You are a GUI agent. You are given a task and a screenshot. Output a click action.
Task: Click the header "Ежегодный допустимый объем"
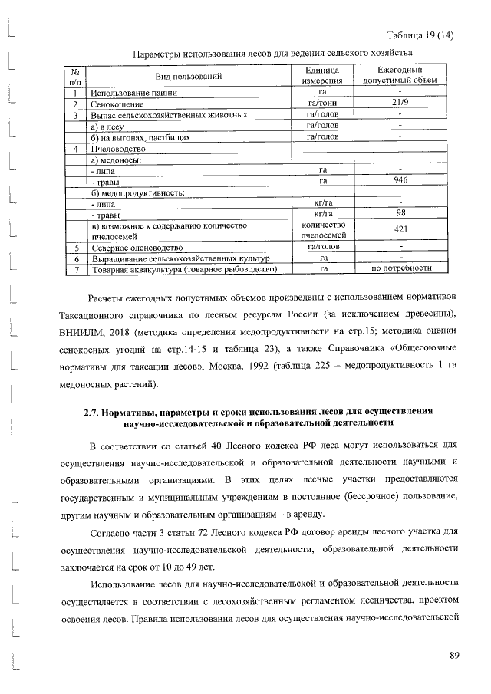[x=400, y=75]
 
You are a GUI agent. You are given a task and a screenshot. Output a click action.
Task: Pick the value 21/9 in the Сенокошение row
[x=400, y=104]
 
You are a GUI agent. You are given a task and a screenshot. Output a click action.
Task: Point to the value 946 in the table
[x=400, y=181]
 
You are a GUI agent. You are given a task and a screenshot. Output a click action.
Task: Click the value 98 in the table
[x=400, y=214]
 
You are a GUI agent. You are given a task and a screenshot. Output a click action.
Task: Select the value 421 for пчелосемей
[x=400, y=231]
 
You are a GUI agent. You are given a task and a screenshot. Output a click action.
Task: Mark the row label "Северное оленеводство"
[x=137, y=248]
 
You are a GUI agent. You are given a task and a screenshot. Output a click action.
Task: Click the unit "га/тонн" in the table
[x=324, y=104]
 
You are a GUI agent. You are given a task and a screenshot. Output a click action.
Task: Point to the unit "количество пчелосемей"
[x=325, y=231]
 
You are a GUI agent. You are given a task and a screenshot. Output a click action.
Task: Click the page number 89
[x=454, y=654]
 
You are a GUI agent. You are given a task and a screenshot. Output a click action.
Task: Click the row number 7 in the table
[x=75, y=270]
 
